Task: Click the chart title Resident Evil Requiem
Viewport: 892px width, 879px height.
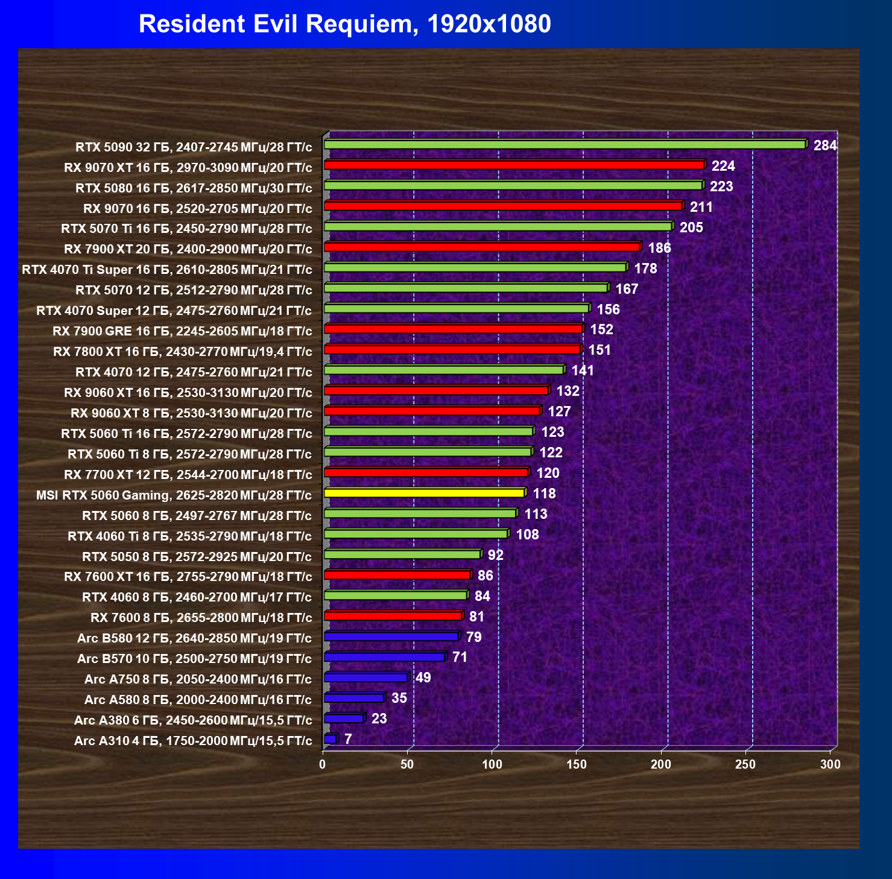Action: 344,24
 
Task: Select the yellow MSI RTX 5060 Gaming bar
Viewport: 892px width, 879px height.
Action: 424,493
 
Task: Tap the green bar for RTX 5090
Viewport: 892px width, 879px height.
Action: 565,145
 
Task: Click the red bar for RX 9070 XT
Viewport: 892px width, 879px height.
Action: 514,165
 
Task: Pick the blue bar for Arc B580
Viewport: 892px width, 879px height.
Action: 391,636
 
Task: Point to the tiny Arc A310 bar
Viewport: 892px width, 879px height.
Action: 331,739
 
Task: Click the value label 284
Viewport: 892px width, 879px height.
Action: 825,145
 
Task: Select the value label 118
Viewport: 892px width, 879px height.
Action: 544,493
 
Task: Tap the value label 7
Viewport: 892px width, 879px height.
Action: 348,739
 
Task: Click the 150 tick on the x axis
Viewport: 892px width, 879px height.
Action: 577,764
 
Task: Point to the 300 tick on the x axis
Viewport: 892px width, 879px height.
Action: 830,764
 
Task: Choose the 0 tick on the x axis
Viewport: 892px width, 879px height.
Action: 323,764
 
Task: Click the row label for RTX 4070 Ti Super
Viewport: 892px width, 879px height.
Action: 167,270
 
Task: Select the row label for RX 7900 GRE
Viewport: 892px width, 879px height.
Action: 182,331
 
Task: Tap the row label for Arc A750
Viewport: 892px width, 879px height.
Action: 198,679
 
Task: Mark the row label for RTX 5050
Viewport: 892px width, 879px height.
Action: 197,556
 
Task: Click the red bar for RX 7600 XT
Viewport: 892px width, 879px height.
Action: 397,575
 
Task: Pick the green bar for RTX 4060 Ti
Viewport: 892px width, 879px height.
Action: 416,534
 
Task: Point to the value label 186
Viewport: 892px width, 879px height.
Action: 659,248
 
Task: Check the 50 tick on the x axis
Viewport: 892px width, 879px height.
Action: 407,764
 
